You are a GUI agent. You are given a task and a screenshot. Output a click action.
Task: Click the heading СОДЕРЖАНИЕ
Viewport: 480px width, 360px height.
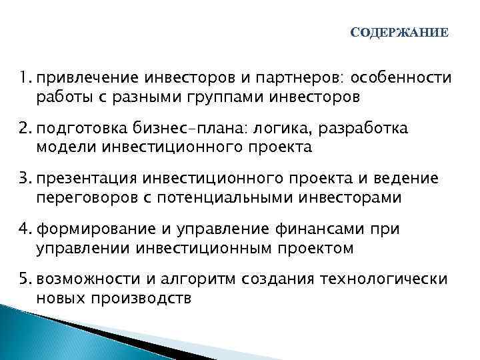point(399,33)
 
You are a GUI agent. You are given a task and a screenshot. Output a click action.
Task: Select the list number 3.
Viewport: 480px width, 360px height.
point(26,178)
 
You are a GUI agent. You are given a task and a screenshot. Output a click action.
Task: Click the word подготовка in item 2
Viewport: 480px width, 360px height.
point(82,129)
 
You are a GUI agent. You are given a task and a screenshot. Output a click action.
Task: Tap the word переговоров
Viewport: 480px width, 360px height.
point(84,197)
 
